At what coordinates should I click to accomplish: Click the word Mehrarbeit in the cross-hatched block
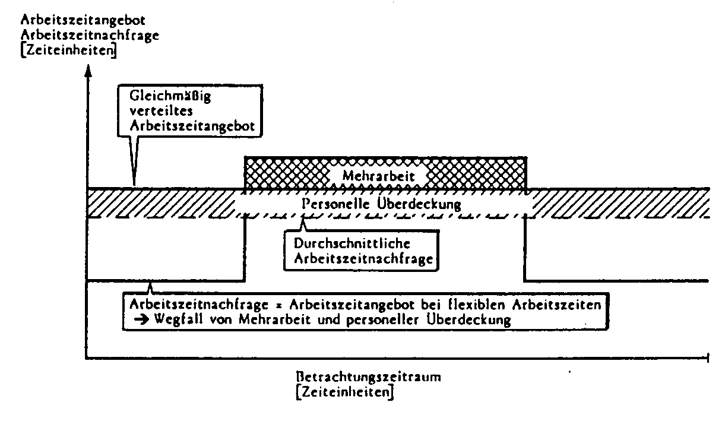[378, 176]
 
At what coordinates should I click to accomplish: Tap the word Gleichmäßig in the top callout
[170, 96]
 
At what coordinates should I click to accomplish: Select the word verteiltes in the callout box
[161, 110]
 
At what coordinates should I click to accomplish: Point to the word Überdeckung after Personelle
[419, 204]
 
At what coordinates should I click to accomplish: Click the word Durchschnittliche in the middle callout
[352, 243]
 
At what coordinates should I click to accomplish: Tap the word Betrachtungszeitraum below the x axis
[368, 377]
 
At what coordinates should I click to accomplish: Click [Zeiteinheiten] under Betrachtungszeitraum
[345, 392]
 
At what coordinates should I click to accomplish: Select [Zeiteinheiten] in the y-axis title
[68, 50]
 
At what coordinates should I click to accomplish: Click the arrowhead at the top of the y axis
[88, 71]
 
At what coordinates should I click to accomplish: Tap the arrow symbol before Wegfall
[142, 320]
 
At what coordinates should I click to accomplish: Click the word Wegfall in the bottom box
[178, 320]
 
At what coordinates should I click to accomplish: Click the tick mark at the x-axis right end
[708, 358]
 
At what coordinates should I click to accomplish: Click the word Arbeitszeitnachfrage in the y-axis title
[90, 35]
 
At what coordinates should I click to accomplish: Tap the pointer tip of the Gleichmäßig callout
[134, 185]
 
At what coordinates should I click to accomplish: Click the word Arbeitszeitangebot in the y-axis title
[83, 20]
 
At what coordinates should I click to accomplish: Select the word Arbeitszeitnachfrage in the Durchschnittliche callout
[363, 259]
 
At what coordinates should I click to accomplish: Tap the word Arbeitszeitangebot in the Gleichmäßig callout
[192, 126]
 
